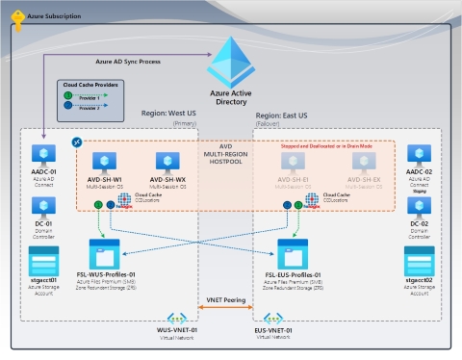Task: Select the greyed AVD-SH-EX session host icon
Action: click(364, 162)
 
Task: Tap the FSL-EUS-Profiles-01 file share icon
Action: click(292, 254)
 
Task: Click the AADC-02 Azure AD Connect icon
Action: click(419, 154)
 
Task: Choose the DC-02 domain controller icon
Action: click(419, 206)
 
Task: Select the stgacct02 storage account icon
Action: click(419, 260)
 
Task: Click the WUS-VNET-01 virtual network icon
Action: click(177, 319)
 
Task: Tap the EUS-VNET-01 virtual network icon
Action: click(273, 319)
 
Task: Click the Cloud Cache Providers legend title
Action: click(90, 85)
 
